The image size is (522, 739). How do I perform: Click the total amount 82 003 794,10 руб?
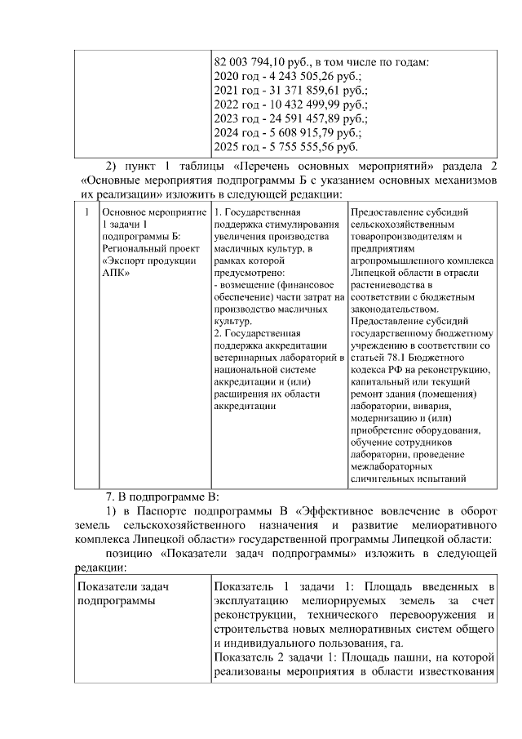(x=259, y=62)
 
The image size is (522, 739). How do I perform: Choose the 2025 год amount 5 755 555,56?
(x=289, y=147)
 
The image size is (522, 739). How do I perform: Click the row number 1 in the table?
(x=86, y=211)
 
